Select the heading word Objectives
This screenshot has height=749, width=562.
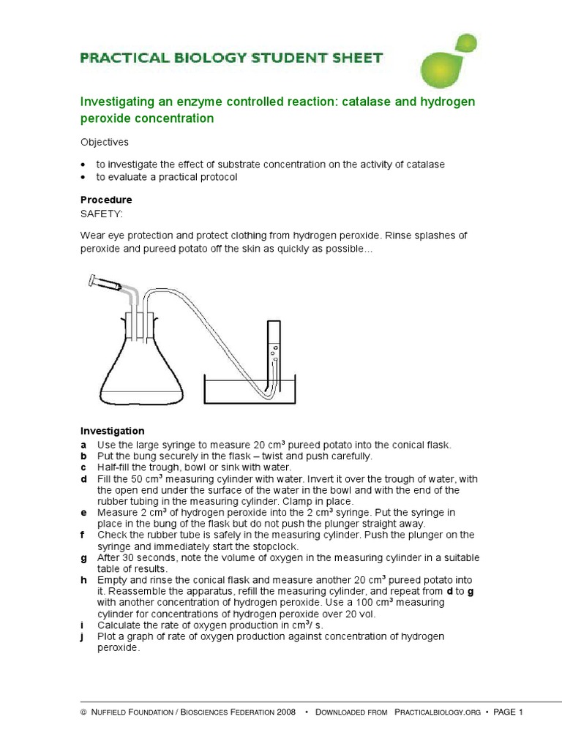[105, 142]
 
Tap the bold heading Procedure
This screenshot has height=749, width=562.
[106, 200]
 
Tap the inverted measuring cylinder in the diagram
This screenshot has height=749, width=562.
[274, 351]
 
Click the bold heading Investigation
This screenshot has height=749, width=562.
[112, 431]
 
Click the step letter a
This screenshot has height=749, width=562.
[84, 445]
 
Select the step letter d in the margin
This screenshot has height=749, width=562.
[84, 479]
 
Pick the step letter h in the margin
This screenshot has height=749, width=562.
[84, 580]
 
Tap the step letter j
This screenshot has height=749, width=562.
[84, 636]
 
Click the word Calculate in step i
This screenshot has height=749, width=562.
[120, 625]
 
